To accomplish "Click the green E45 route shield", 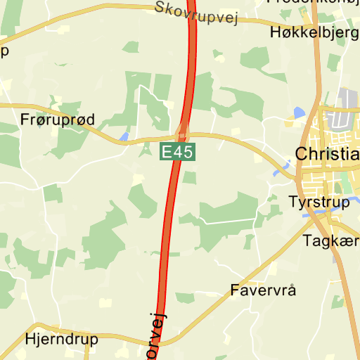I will tap(176, 151).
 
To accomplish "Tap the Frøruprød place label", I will tap(58, 120).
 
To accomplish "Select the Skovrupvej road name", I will tap(194, 13).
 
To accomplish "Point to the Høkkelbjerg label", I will tap(314, 32).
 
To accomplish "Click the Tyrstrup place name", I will tap(319, 202).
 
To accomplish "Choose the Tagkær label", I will tap(330, 241).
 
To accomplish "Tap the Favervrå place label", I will tap(264, 290).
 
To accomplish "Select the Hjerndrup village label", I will tap(61, 338).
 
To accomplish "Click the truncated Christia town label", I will tap(327, 154).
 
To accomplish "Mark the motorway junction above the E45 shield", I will tap(183, 131).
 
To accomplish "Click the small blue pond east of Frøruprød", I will tap(124, 136).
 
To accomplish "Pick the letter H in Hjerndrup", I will tap(30, 338).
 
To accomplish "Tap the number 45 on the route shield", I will tap(181, 151).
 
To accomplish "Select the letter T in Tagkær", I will tap(307, 241).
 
